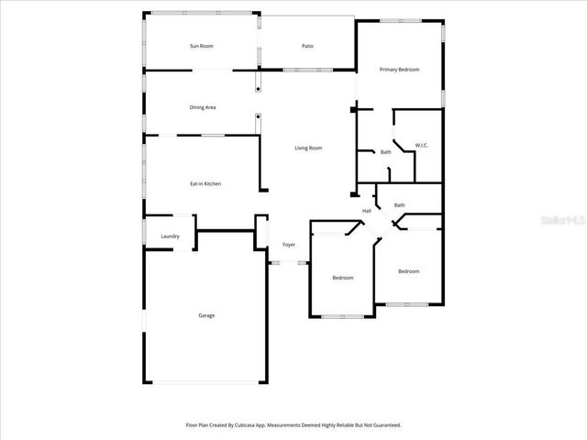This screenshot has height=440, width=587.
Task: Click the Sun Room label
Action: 201,46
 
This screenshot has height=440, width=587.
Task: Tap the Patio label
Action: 308,46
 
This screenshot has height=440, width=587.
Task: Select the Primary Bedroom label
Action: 399,70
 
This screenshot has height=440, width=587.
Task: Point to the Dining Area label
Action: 203,107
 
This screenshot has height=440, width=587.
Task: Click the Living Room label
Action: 308,148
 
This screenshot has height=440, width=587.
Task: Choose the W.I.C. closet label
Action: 421,145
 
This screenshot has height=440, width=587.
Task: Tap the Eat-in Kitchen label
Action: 205,184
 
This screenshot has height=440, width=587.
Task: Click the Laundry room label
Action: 170,236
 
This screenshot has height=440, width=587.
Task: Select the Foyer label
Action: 288,245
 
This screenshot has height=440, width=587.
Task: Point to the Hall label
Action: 367,211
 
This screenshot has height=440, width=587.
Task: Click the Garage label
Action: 206,315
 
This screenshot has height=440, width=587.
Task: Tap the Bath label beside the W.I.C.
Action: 386,152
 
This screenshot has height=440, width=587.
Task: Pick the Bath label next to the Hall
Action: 399,204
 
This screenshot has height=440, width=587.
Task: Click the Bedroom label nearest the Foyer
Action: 343,278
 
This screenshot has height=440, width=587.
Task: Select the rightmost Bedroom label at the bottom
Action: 408,271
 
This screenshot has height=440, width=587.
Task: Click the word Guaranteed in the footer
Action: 382,425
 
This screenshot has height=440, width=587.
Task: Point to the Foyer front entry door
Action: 288,263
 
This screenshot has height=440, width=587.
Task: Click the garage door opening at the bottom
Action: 206,383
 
